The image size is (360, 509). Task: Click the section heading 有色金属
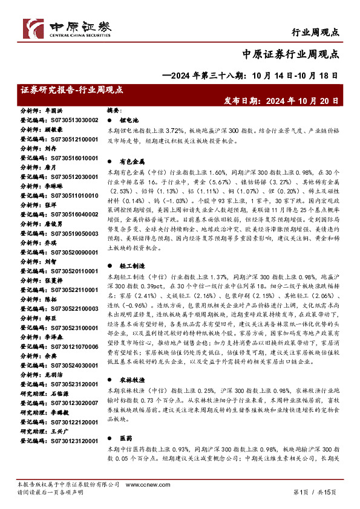[x=128, y=162]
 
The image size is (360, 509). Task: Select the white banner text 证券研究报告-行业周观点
[x=71, y=89]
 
